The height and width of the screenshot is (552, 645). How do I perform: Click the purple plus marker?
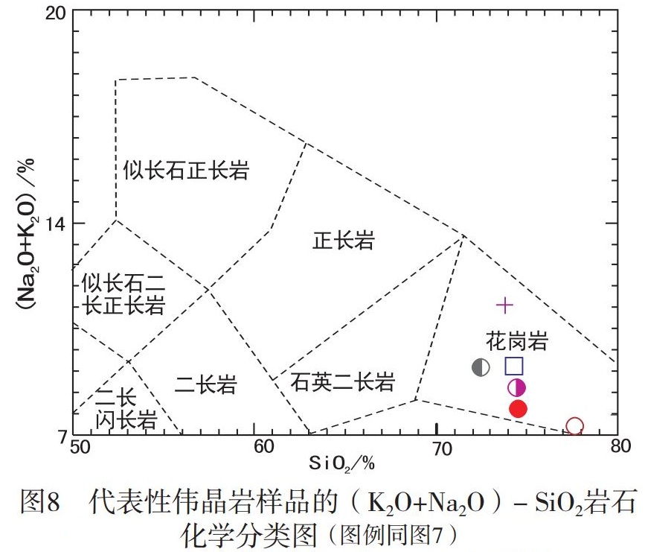coord(505,305)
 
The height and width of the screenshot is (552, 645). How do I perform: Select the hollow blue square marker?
coord(514,366)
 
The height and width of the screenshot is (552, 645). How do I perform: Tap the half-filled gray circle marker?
coord(481,367)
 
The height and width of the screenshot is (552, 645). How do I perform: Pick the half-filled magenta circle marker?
coord(517,387)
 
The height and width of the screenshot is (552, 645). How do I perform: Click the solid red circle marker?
coord(519,408)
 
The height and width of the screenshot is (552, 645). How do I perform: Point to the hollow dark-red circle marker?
coord(574,426)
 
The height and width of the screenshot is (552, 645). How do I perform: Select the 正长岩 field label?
coord(344,241)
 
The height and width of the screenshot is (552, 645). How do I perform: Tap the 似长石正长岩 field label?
coord(186,170)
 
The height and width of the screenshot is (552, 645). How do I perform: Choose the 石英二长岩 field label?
coord(342,383)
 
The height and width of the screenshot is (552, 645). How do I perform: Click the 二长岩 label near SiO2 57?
coord(205,384)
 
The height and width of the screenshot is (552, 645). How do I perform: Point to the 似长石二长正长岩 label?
coord(123,294)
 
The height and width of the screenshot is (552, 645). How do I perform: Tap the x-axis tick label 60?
coord(254,447)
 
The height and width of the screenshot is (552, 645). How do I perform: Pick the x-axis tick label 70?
coord(436,447)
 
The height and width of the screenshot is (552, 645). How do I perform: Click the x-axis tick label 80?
coord(617,447)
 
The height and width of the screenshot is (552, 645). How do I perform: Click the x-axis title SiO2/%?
coord(341,464)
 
